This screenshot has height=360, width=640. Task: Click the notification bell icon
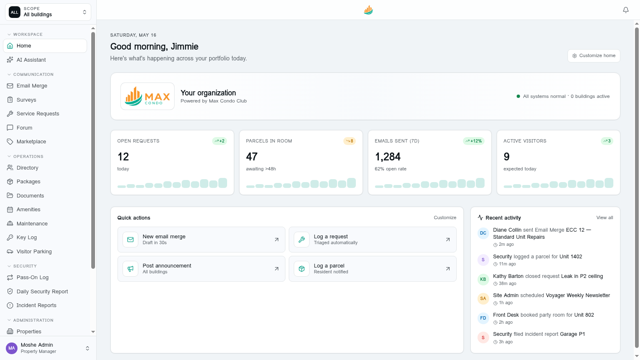[626, 10]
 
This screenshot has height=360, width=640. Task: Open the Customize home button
[594, 56]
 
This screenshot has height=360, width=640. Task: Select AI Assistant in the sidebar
[31, 60]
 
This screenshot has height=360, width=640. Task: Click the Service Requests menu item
[38, 114]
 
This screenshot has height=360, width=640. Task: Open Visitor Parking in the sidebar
[34, 251]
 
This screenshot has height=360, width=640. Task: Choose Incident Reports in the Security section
[36, 305]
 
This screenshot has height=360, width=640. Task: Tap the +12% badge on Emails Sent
[473, 141]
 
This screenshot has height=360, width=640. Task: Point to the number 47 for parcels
[252, 157]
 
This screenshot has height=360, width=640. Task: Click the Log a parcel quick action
[372, 269]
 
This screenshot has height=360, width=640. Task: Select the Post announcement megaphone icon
[130, 269]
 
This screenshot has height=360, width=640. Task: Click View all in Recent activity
[605, 218]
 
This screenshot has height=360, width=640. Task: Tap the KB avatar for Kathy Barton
[483, 279]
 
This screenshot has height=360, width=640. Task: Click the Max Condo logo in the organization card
[147, 96]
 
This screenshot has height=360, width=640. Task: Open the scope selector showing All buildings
[48, 12]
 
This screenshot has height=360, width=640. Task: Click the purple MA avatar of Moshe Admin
[11, 348]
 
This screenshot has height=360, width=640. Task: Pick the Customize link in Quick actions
[445, 218]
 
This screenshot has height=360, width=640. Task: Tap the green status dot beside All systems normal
[518, 96]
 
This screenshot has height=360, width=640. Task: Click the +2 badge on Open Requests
[220, 141]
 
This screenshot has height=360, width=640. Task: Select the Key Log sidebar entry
[27, 237]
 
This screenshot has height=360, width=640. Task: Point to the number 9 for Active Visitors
[506, 157]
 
